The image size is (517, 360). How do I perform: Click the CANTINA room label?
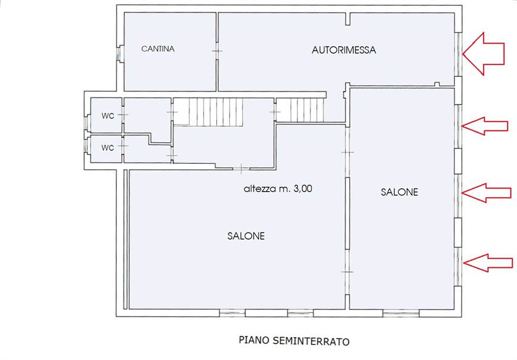(x=158, y=49)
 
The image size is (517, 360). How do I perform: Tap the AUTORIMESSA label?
(x=344, y=50)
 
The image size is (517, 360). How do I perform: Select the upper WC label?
(x=108, y=116)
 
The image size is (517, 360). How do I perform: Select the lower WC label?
(x=108, y=147)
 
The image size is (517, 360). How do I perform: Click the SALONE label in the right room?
(x=399, y=192)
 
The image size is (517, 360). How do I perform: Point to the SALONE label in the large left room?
(x=246, y=235)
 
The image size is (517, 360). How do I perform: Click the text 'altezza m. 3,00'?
(x=278, y=189)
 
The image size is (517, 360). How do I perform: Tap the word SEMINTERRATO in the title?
(x=311, y=341)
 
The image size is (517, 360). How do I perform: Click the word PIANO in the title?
(x=254, y=340)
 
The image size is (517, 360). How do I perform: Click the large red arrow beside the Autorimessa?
(x=484, y=54)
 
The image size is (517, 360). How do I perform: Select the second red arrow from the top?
(x=484, y=126)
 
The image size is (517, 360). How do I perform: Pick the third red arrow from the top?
(x=486, y=193)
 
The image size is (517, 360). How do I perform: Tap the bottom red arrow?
(x=488, y=263)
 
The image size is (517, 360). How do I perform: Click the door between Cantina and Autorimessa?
(x=217, y=51)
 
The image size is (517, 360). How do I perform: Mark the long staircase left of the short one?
(x=208, y=112)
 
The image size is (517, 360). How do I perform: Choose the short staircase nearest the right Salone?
(x=300, y=110)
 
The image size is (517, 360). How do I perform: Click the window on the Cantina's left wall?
(x=118, y=54)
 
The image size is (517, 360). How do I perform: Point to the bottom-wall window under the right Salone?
(x=401, y=313)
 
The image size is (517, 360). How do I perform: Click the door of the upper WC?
(x=123, y=115)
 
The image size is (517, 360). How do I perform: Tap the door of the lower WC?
(x=123, y=146)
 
